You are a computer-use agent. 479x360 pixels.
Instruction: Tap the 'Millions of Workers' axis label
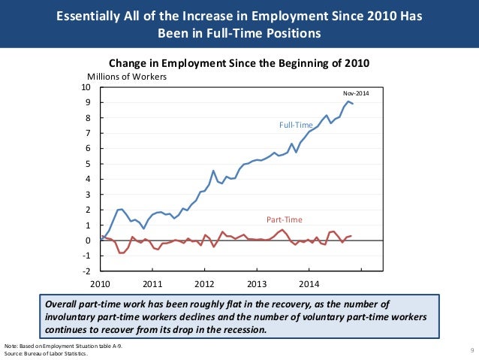tap(127, 77)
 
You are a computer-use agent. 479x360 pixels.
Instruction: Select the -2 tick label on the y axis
tap(87, 271)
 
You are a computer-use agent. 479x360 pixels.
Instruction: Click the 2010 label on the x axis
tap(101, 284)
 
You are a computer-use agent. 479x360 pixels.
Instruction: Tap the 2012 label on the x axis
tap(205, 284)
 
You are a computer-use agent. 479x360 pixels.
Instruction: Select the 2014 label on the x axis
tap(309, 284)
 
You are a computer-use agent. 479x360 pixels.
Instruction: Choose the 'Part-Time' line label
tap(284, 219)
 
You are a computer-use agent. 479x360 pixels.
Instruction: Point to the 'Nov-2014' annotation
tap(356, 92)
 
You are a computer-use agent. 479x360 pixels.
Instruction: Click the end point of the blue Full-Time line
tap(353, 104)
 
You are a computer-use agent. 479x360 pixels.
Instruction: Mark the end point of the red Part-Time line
tap(351, 235)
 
